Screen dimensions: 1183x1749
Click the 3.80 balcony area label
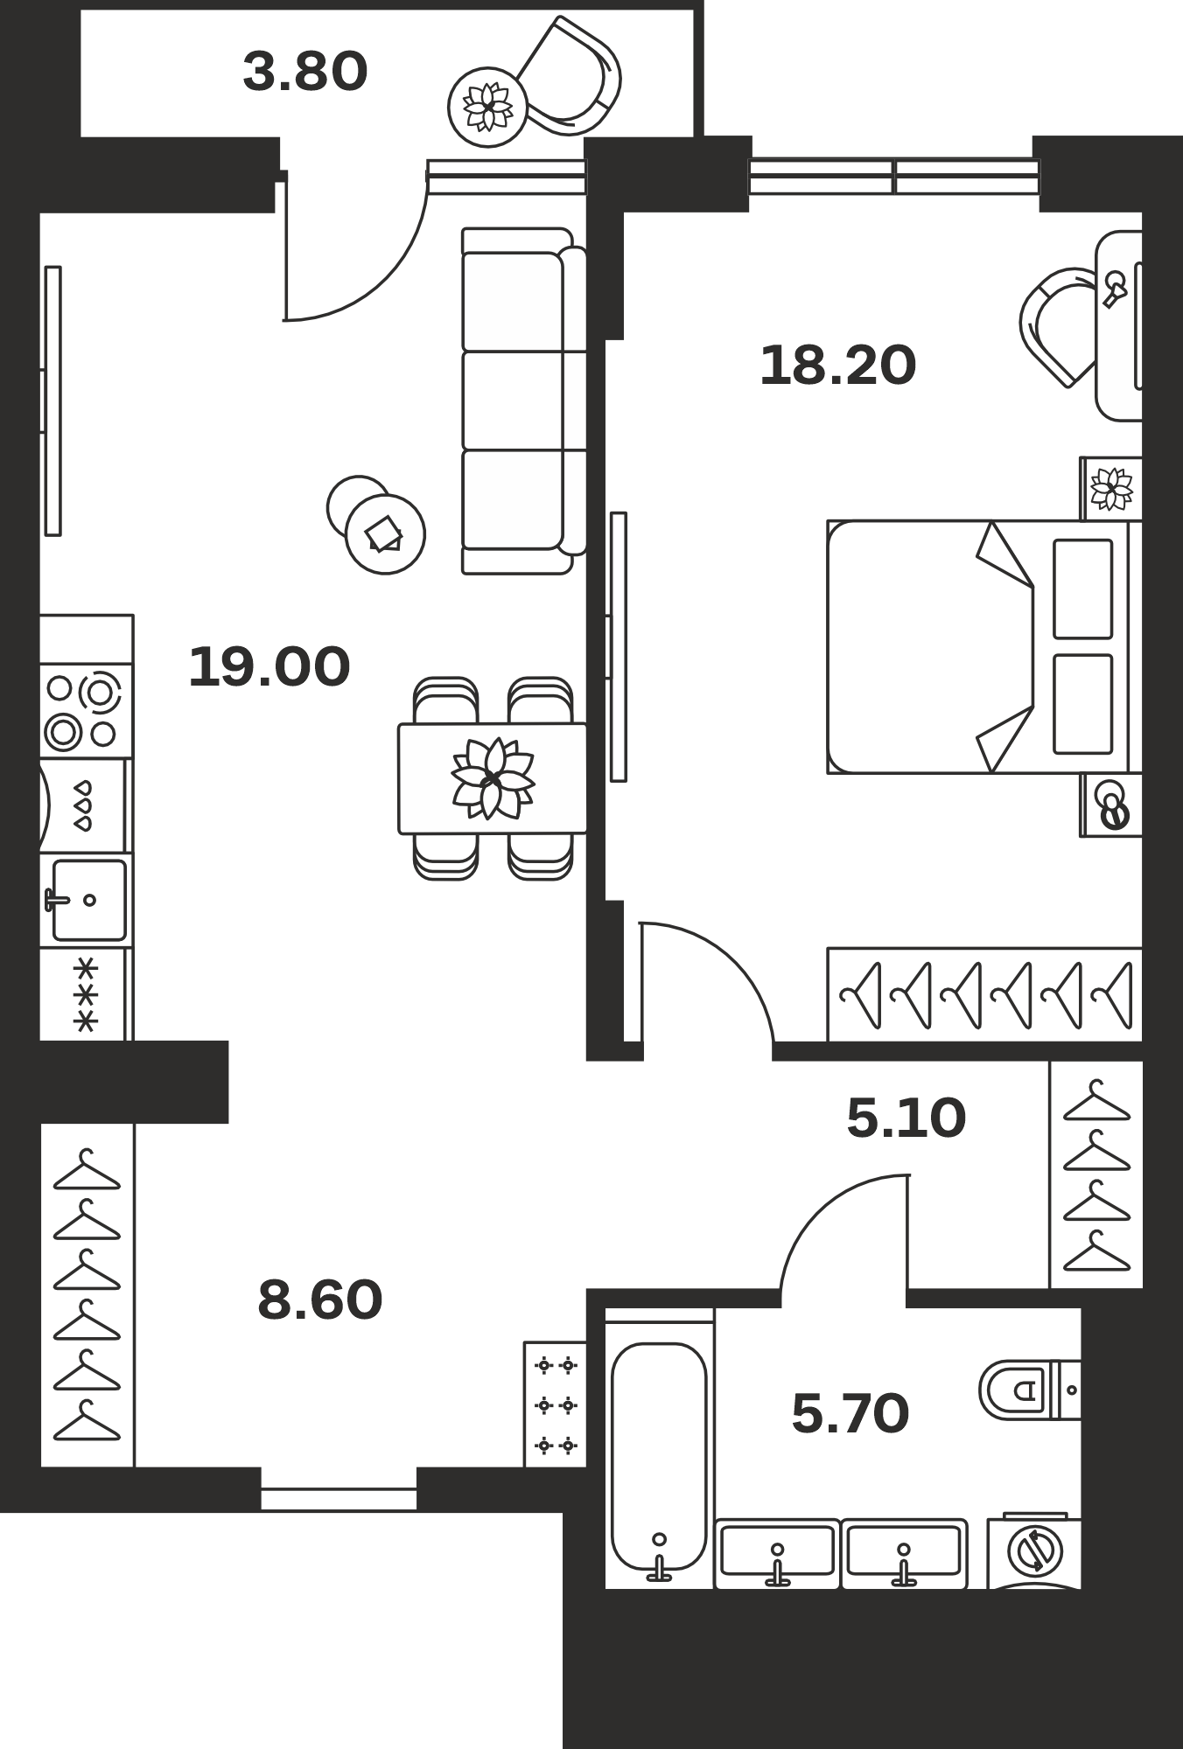point(304,72)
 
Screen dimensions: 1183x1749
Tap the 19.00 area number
point(269,666)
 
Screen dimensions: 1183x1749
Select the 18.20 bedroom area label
point(838,366)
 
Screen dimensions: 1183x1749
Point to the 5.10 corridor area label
point(906,1118)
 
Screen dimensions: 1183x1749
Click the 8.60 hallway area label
point(320,1300)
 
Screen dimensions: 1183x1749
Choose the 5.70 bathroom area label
point(850,1413)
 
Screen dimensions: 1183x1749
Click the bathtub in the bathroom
point(659,1467)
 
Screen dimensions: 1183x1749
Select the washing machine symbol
point(1034,1550)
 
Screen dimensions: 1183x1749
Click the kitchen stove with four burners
point(86,710)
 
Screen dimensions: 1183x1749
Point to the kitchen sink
point(88,900)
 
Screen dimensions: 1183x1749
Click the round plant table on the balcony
point(487,108)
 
